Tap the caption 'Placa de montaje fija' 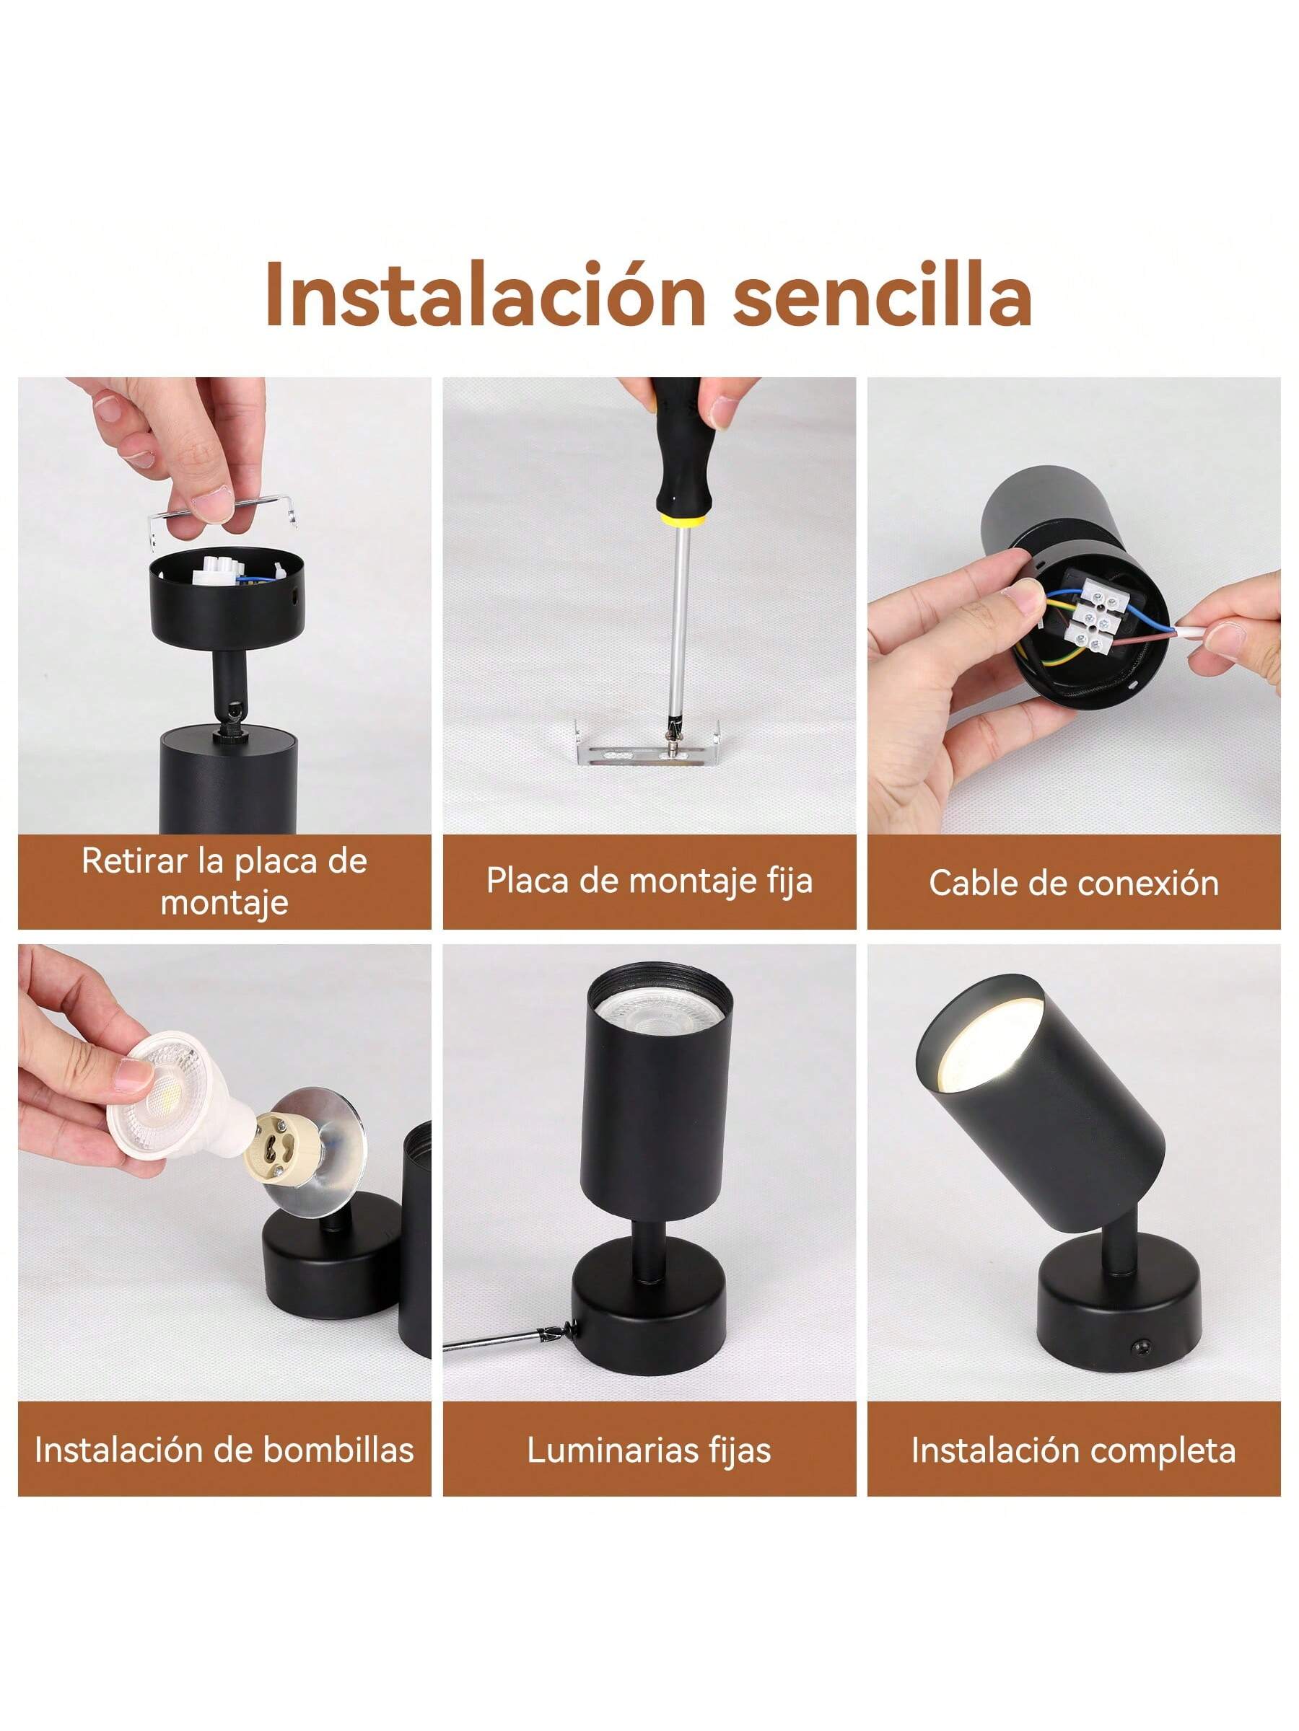[x=649, y=881]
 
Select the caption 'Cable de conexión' [x=1074, y=883]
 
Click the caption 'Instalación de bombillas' [x=224, y=1450]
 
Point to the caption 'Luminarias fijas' [x=649, y=1450]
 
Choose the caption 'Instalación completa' [x=1074, y=1450]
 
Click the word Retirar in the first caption [x=134, y=860]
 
